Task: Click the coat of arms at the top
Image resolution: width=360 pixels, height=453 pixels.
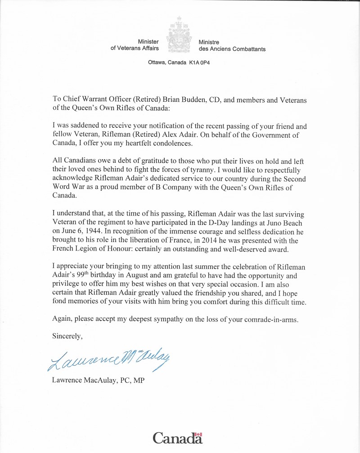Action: [180, 36]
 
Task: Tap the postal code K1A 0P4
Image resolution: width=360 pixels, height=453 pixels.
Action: [199, 63]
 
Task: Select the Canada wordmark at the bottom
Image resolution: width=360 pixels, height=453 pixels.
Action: [177, 438]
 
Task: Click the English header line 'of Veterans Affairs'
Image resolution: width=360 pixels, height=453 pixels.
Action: [135, 49]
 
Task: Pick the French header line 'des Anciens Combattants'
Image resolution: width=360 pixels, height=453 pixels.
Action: [232, 49]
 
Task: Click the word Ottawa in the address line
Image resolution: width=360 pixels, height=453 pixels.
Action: [157, 63]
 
